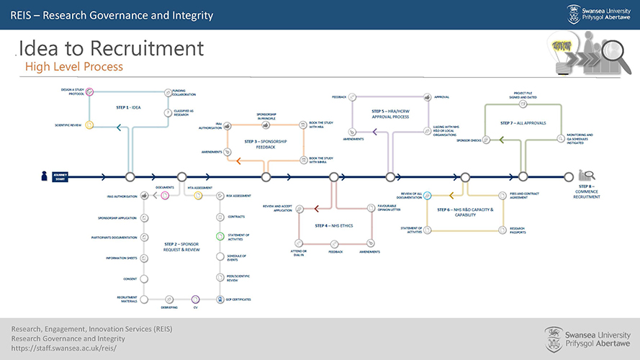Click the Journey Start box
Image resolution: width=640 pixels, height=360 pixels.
tap(58, 176)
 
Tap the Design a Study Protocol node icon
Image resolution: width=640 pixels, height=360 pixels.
tap(89, 92)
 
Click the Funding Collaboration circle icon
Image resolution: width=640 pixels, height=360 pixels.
tap(167, 92)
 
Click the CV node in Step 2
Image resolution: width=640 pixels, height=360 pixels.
tap(194, 299)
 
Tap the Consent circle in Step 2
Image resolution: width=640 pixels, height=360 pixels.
tap(144, 279)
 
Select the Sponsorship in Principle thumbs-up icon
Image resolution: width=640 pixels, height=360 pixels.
tap(266, 126)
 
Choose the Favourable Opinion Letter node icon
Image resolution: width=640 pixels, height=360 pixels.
tap(370, 208)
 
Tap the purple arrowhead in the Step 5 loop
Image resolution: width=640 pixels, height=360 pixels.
tap(374, 131)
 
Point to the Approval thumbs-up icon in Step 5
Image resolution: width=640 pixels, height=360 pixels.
tap(428, 96)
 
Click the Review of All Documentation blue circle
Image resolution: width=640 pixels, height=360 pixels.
tap(428, 194)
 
